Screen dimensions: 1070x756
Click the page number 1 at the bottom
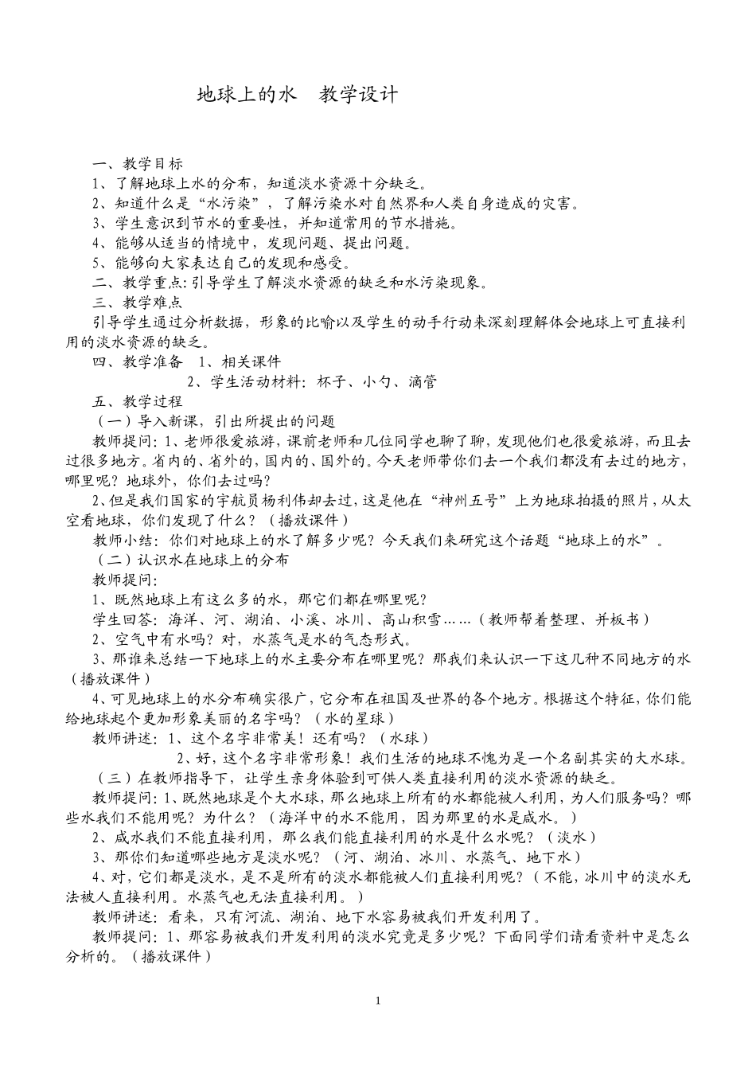[x=378, y=1000]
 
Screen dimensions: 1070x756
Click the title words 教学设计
[x=358, y=96]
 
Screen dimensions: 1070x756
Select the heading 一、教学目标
[x=138, y=164]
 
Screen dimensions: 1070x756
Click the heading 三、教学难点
[x=138, y=303]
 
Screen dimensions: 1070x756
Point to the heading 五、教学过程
[x=138, y=401]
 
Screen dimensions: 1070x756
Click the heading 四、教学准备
[x=138, y=362]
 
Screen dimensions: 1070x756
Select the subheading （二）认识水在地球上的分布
[x=191, y=560]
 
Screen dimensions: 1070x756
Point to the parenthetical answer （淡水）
[x=571, y=837]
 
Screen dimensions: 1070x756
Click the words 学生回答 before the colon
[x=122, y=619]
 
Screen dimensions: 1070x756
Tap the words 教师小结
[x=122, y=541]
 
